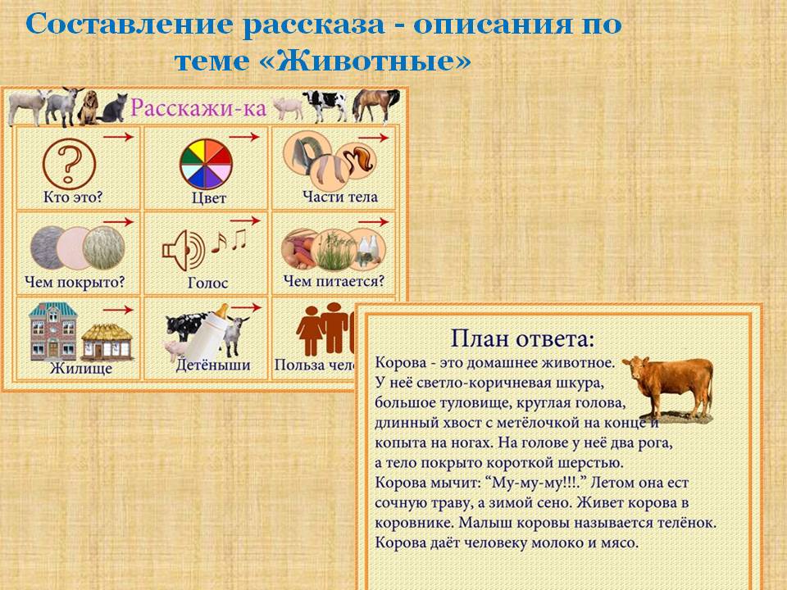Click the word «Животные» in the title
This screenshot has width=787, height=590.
click(x=373, y=61)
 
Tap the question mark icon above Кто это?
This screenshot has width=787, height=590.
click(x=69, y=164)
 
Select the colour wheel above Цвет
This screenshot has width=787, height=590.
click(x=206, y=164)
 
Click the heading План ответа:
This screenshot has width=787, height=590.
click(x=522, y=338)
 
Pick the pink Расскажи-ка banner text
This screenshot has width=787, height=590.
click(x=198, y=107)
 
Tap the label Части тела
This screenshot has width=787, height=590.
click(x=339, y=197)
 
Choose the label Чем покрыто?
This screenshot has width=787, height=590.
click(x=75, y=282)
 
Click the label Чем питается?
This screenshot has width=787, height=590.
click(x=334, y=281)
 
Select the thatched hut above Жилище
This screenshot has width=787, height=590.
click(x=107, y=343)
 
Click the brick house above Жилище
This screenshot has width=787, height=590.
click(x=53, y=331)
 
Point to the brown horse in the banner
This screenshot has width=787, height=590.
click(x=376, y=106)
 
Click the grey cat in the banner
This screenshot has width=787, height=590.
click(x=114, y=108)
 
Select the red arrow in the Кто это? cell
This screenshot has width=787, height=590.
click(x=118, y=137)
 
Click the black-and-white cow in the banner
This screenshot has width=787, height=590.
click(x=325, y=106)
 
